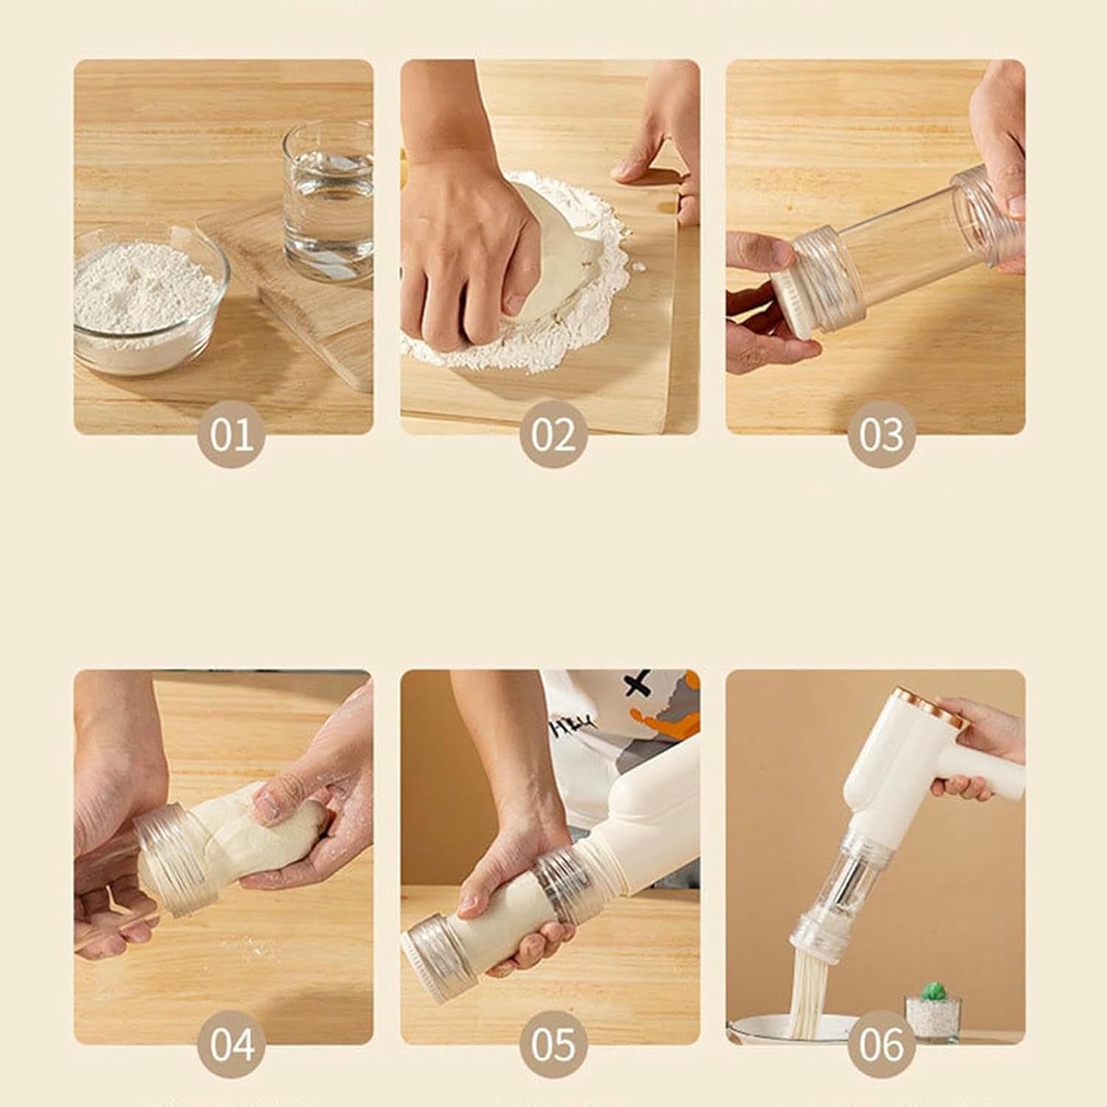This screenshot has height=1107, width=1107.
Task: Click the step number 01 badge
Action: tap(231, 434)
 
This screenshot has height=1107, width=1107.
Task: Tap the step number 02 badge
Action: tap(553, 434)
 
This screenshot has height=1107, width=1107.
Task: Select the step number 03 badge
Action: tap(881, 434)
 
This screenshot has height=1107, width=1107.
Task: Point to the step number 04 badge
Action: tap(231, 1044)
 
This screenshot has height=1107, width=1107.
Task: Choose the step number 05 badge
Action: tap(553, 1044)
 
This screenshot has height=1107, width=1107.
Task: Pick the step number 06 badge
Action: tap(881, 1044)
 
